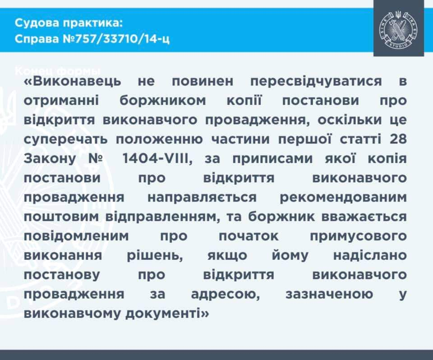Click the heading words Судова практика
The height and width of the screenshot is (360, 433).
(x=68, y=23)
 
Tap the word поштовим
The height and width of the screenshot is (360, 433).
(x=62, y=217)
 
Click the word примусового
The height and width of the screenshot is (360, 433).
(x=361, y=236)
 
